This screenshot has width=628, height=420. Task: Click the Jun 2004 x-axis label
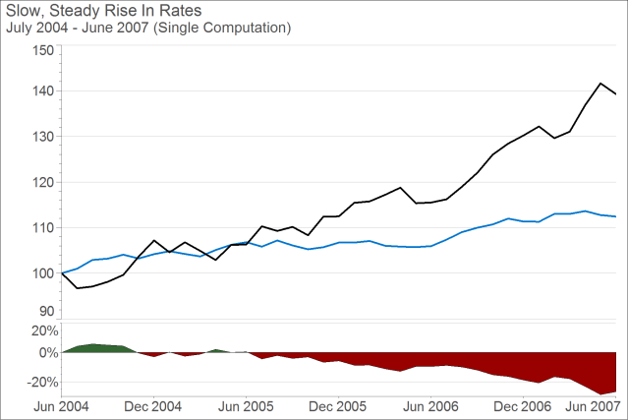point(61,405)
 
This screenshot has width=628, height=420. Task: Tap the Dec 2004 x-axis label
point(153,405)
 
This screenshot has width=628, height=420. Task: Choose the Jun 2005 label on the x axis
point(246,405)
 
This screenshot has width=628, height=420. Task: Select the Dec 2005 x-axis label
point(338,405)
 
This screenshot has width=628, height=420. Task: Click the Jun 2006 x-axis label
point(430,405)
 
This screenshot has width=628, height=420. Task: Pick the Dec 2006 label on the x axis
point(522,405)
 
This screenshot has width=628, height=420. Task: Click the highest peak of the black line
point(600,84)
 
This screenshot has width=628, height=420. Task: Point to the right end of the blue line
point(616,216)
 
